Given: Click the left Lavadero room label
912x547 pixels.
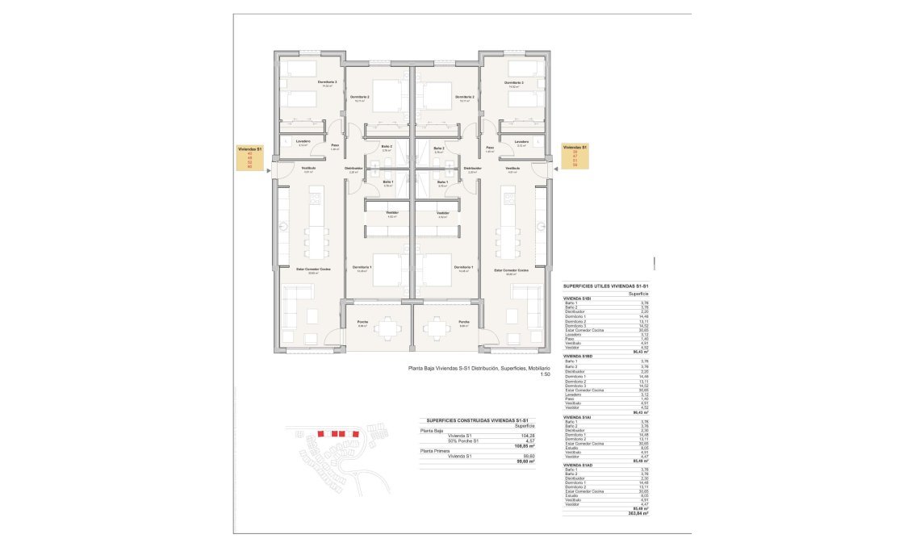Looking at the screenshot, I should coord(303,142).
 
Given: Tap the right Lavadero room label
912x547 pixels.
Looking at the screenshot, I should coord(521,142).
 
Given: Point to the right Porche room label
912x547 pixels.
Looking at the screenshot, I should coord(463,321).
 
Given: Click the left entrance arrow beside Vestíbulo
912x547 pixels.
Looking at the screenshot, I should coord(267,170).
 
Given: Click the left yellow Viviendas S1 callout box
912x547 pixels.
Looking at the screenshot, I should coord(250,157).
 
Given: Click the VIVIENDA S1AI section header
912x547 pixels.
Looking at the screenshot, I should coord(578,417).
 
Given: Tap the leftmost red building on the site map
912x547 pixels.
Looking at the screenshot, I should coord(320,434).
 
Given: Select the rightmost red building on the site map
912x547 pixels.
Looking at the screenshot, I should coord(356,434).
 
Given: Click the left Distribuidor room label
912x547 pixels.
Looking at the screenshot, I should coord(354,168).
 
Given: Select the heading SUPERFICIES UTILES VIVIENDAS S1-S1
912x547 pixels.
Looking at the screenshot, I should coord(607,286).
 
